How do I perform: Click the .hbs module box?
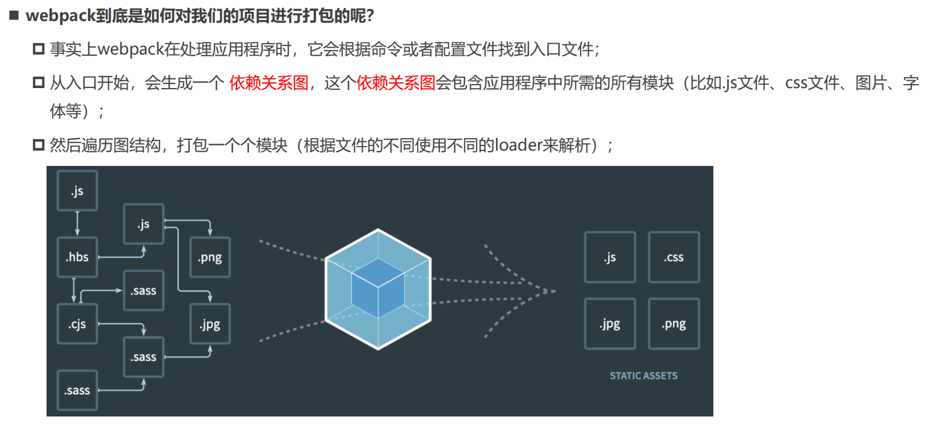click(x=77, y=257)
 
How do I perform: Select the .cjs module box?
click(x=77, y=324)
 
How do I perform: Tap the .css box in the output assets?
click(x=674, y=257)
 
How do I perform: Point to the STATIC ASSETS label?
click(x=644, y=376)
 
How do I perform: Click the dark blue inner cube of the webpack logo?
click(x=377, y=288)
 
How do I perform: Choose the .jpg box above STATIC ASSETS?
click(x=609, y=324)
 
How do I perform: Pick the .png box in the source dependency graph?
click(x=210, y=257)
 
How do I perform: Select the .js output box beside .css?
click(x=609, y=257)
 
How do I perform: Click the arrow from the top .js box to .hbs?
click(x=77, y=223)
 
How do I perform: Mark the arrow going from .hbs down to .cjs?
click(x=74, y=290)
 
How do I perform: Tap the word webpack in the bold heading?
click(x=60, y=15)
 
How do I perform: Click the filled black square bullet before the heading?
click(x=14, y=15)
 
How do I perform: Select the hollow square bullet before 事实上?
click(x=39, y=49)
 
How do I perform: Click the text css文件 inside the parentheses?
click(x=806, y=83)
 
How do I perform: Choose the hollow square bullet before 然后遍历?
click(x=39, y=145)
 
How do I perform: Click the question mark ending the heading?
click(x=370, y=16)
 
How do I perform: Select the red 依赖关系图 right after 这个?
click(x=396, y=83)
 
